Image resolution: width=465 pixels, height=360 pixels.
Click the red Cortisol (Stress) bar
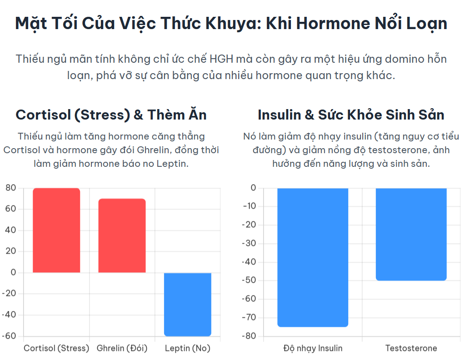[56, 230]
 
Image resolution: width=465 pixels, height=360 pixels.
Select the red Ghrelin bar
[122, 235]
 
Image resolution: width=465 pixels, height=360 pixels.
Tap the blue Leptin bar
[187, 304]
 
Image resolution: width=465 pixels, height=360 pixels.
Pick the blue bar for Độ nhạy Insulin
[313, 257]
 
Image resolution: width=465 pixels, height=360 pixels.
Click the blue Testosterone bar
[411, 234]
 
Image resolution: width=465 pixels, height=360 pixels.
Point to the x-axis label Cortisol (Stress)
[56, 348]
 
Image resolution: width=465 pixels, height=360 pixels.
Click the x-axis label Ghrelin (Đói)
[122, 348]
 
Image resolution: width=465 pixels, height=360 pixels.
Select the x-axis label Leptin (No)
[187, 348]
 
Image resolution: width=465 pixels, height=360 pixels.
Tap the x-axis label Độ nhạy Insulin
[313, 348]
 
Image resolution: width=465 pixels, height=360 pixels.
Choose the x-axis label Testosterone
[411, 348]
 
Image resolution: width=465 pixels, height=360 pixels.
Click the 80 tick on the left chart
[11, 188]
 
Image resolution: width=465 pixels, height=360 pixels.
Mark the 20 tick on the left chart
[11, 251]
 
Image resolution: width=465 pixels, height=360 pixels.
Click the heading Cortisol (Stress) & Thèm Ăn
[111, 115]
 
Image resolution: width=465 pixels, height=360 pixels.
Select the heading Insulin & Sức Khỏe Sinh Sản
[351, 115]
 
